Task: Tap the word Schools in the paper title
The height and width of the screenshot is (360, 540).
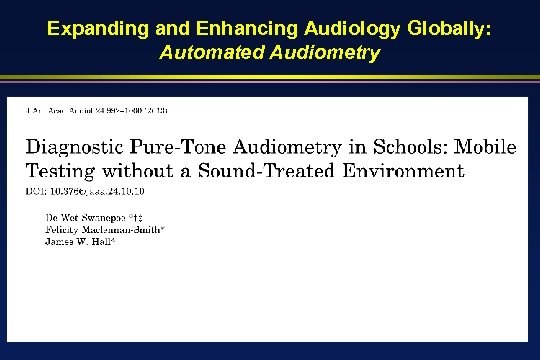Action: (x=414, y=147)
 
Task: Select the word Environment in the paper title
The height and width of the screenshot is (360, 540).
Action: (x=408, y=170)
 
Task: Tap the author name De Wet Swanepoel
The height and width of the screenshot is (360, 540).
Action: (x=87, y=215)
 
